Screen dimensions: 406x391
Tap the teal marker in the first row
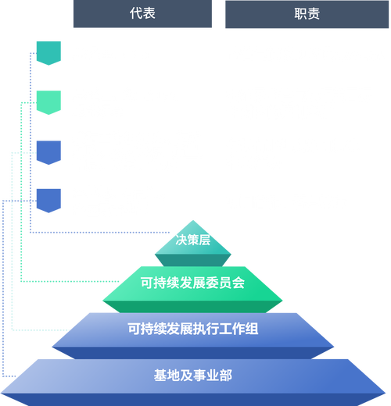coord(48,53)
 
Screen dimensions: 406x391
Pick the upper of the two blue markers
coord(48,151)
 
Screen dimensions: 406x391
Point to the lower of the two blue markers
coord(48,200)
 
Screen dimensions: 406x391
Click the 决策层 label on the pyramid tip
coord(193,241)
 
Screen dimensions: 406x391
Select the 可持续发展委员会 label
coord(192,283)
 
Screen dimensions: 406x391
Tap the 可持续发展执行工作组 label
coord(192,329)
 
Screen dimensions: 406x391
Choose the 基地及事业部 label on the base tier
coord(192,376)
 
